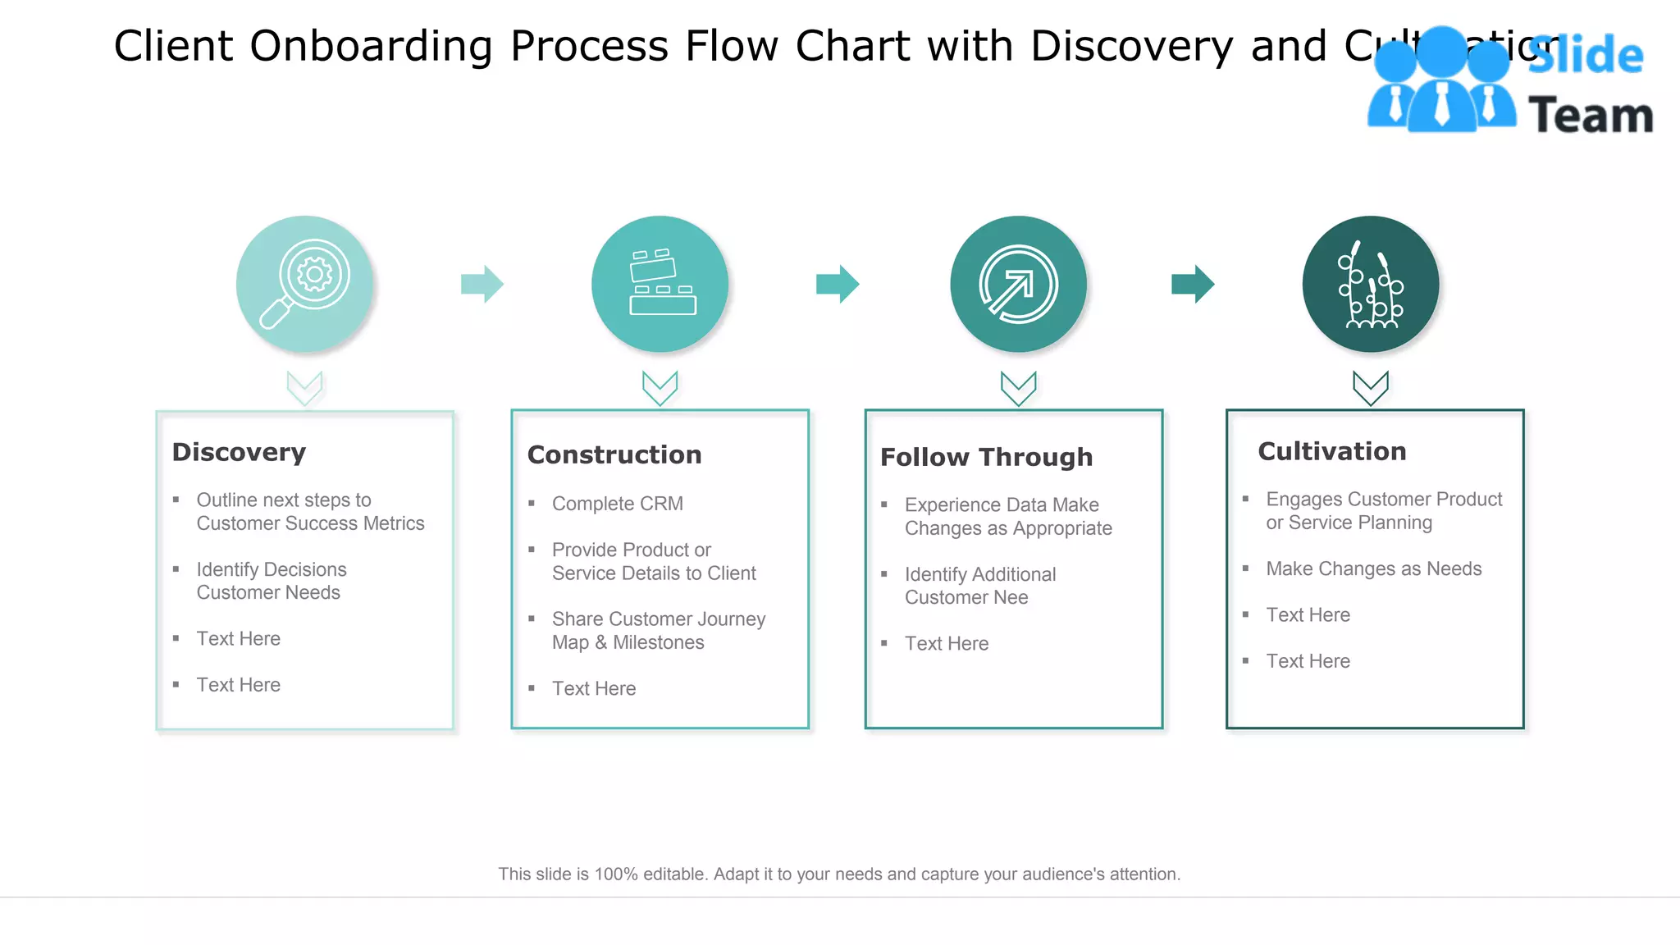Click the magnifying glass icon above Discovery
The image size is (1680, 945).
click(x=304, y=284)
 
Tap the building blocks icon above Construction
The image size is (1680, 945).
click(x=661, y=283)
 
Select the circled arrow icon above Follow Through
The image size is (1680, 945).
click(x=1018, y=285)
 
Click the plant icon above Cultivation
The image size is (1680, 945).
click(x=1370, y=285)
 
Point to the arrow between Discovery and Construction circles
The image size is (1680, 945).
click(x=482, y=284)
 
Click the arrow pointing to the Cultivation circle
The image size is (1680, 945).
click(x=1193, y=284)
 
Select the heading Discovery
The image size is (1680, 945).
click(x=239, y=452)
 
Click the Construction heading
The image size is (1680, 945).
click(x=614, y=454)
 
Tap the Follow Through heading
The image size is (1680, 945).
click(x=986, y=457)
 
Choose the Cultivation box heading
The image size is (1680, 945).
click(x=1332, y=451)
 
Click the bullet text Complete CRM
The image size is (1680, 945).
click(x=617, y=504)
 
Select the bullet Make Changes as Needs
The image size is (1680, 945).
click(x=1373, y=568)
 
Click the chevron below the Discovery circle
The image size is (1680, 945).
click(x=304, y=388)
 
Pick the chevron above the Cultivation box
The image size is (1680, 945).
click(x=1370, y=388)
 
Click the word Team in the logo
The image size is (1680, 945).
click(x=1591, y=115)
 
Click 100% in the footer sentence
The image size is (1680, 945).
click(x=616, y=874)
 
